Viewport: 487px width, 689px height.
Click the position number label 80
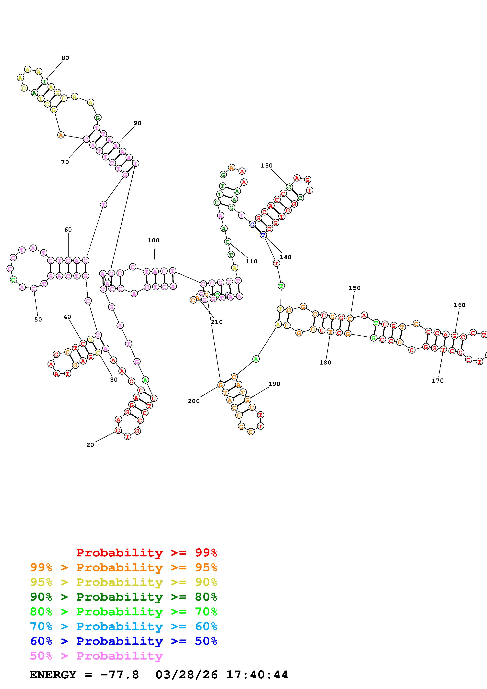point(65,58)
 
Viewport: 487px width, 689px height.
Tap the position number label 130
point(266,165)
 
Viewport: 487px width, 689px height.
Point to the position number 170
point(437,380)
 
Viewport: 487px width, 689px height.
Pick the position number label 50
point(38,319)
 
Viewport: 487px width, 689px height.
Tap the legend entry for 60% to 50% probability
point(124,641)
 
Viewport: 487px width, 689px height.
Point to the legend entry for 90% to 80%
point(124,597)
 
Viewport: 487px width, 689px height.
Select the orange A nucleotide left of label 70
point(61,135)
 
